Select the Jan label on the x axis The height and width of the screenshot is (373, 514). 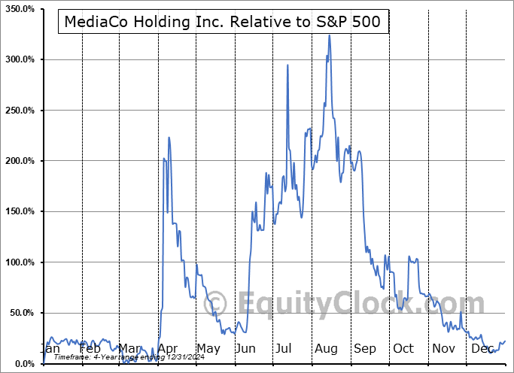(50, 349)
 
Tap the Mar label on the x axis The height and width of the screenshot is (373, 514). (129, 349)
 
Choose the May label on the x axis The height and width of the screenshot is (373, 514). (208, 349)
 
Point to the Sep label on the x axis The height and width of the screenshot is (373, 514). (364, 349)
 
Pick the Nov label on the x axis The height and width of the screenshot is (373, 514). (443, 349)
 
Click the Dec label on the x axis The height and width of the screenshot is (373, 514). (482, 349)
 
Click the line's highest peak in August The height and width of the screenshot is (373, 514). (329, 35)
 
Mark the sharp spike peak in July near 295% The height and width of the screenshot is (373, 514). (287, 65)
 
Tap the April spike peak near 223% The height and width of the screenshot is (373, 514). (169, 138)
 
